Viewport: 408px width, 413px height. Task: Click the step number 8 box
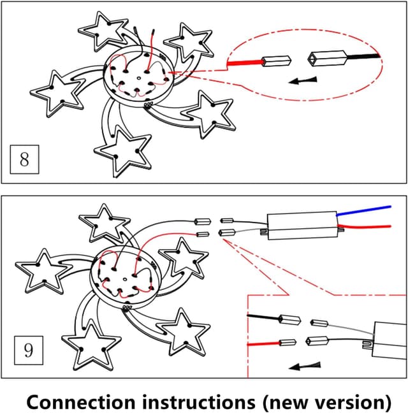24,159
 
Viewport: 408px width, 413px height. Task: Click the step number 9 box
29,351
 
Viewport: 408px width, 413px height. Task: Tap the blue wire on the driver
363,211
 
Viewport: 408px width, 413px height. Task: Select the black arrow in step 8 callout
303,80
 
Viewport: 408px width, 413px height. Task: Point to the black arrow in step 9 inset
305,366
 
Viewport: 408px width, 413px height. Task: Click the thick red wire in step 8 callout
245,62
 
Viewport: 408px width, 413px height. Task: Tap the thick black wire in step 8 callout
363,56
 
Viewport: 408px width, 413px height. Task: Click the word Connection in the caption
81,402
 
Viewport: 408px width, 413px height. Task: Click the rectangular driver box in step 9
302,226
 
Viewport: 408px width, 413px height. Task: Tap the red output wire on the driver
365,226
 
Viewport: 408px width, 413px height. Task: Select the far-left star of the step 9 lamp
43,272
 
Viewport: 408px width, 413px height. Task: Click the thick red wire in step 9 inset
264,344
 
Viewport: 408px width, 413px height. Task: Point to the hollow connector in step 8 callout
327,58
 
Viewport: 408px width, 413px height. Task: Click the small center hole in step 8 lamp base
139,78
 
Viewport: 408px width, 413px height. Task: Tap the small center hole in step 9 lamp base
125,279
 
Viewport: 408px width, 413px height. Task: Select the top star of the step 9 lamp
104,224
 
